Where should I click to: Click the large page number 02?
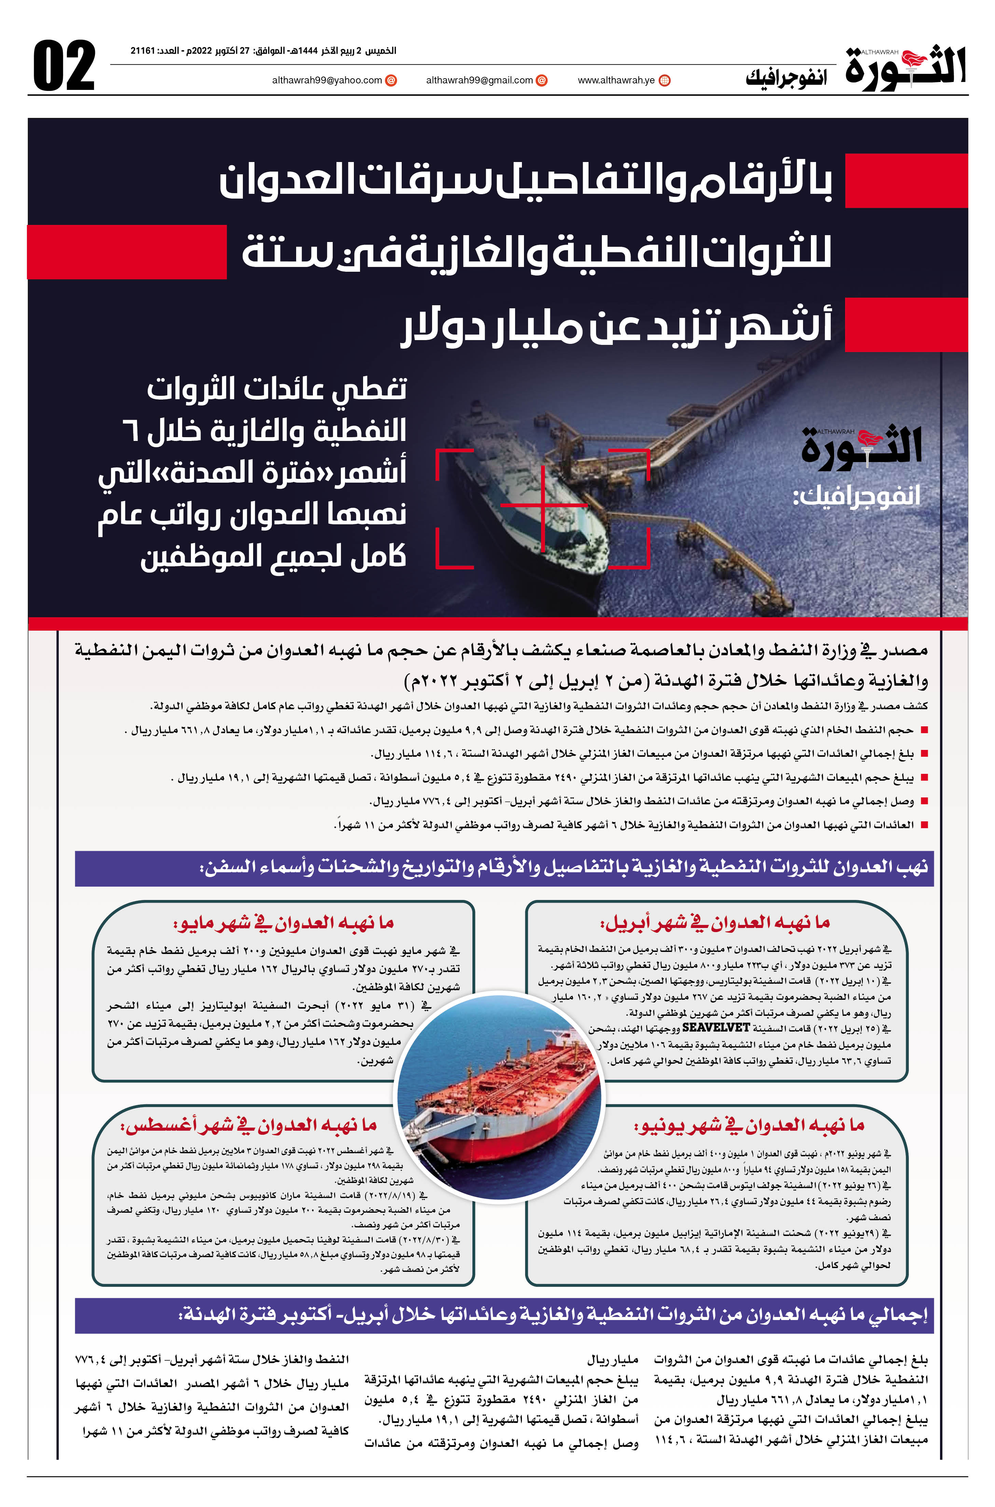(64, 66)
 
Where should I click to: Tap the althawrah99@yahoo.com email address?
(327, 81)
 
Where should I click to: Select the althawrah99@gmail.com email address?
(479, 81)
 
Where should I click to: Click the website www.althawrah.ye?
(616, 81)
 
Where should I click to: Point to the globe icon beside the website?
(664, 81)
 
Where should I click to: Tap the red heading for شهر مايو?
(284, 923)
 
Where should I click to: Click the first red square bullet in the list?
(924, 731)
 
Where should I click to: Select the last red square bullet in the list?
(924, 825)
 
